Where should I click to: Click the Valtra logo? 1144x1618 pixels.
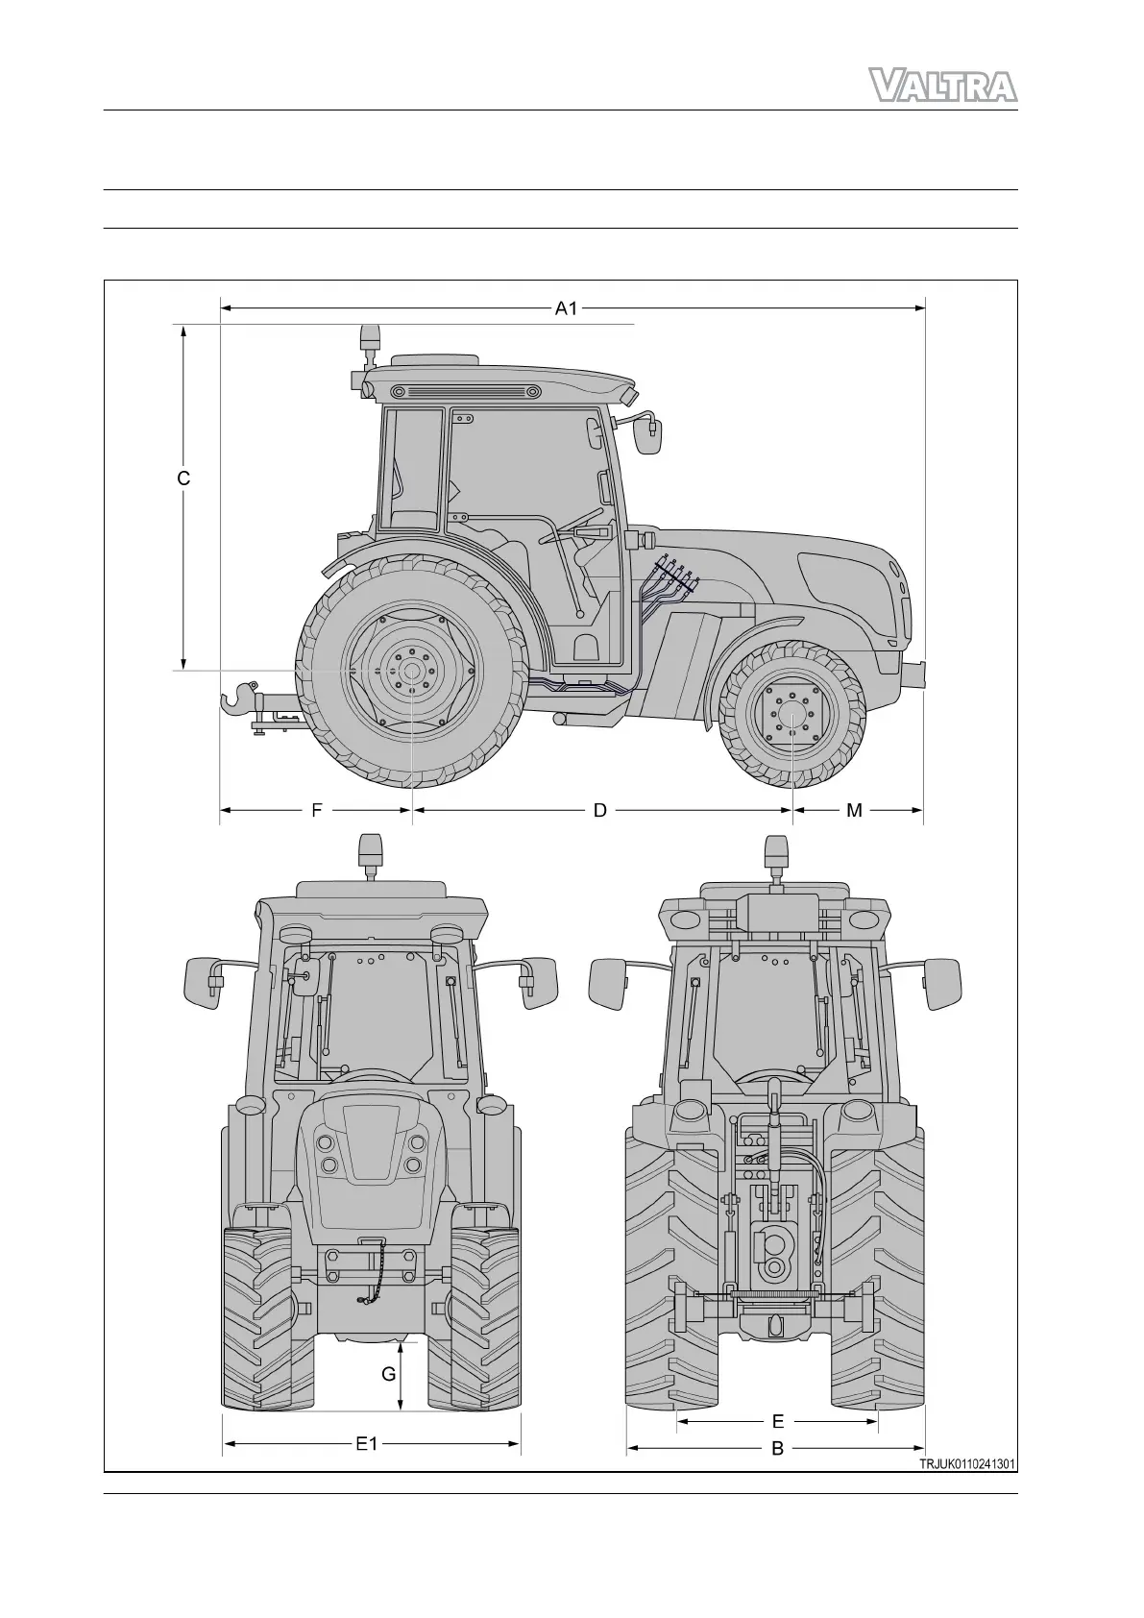coord(942,86)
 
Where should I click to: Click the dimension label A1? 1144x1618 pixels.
coord(566,308)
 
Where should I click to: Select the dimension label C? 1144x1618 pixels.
coord(183,478)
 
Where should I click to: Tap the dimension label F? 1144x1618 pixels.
coord(316,811)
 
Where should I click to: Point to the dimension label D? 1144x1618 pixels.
coord(599,811)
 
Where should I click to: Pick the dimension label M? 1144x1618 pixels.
coord(854,811)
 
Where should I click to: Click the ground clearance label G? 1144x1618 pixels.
coord(389,1374)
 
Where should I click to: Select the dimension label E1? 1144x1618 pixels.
coord(367,1443)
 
